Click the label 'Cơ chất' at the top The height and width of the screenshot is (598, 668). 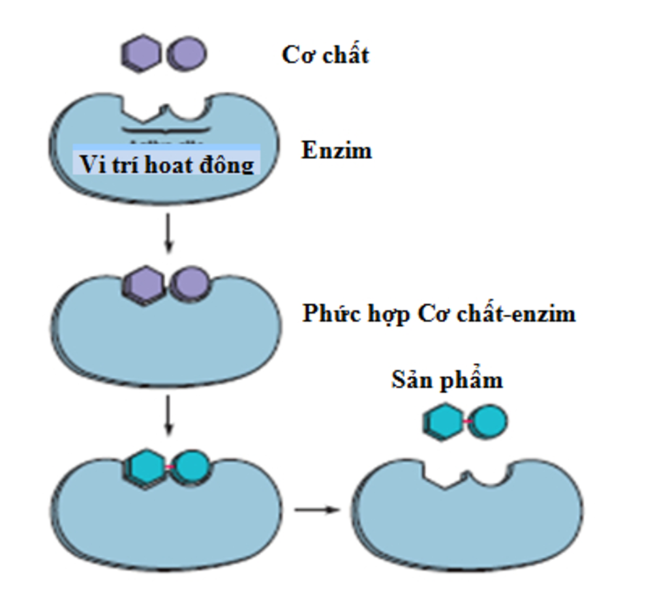pyautogui.click(x=325, y=55)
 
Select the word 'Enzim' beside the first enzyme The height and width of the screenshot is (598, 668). pyautogui.click(x=337, y=151)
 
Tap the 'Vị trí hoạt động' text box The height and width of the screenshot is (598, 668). pyautogui.click(x=166, y=162)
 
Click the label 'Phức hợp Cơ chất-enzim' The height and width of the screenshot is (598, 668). pyautogui.click(x=439, y=314)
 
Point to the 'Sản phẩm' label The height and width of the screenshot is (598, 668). pyautogui.click(x=447, y=380)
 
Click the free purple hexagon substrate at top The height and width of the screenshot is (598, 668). pyautogui.click(x=140, y=53)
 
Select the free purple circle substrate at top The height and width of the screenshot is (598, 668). pyautogui.click(x=187, y=53)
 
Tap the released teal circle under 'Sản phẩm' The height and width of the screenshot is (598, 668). pyautogui.click(x=488, y=421)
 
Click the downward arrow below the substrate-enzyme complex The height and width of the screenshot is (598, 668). pyautogui.click(x=169, y=415)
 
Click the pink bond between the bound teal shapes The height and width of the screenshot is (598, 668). pyautogui.click(x=169, y=467)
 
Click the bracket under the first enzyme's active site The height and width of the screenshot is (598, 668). pyautogui.click(x=166, y=130)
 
